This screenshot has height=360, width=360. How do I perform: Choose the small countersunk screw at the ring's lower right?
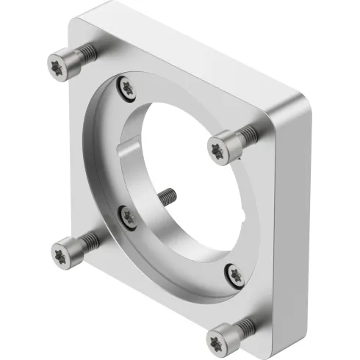(x=234, y=273)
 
